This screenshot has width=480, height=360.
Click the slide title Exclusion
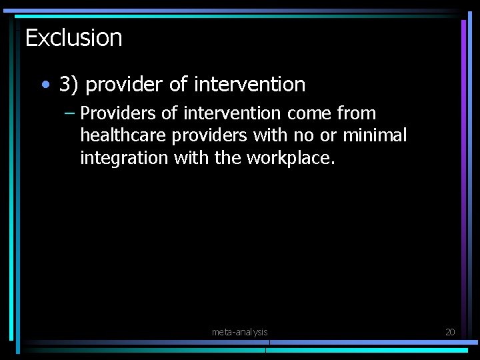click(73, 38)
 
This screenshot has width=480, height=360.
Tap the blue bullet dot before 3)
click(45, 85)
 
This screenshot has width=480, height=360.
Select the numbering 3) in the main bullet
click(69, 85)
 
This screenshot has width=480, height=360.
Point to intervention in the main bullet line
click(249, 85)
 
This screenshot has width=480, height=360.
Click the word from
click(357, 113)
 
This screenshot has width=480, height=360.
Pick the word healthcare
click(123, 136)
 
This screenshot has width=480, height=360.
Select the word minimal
click(375, 136)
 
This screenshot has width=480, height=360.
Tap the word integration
click(123, 159)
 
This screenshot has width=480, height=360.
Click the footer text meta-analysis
click(239, 332)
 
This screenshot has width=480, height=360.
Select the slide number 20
click(449, 332)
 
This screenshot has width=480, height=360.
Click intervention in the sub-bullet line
click(230, 113)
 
